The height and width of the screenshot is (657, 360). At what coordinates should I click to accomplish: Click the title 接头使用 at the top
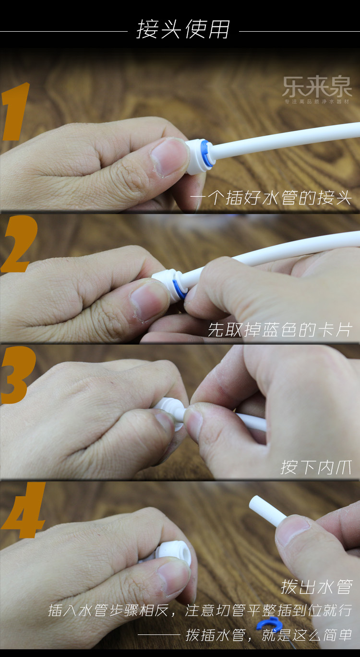pyautogui.click(x=183, y=29)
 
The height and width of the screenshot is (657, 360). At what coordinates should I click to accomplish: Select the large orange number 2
pyautogui.click(x=19, y=244)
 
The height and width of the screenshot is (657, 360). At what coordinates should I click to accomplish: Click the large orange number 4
pyautogui.click(x=23, y=510)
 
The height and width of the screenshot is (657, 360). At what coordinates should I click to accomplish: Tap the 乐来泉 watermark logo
pyautogui.click(x=317, y=87)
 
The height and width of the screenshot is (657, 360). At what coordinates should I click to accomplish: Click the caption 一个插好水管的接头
pyautogui.click(x=271, y=198)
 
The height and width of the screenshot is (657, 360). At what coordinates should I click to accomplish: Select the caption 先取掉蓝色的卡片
pyautogui.click(x=280, y=330)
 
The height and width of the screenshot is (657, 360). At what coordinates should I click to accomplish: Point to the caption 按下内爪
pyautogui.click(x=316, y=467)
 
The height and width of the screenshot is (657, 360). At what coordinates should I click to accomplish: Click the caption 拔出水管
pyautogui.click(x=316, y=586)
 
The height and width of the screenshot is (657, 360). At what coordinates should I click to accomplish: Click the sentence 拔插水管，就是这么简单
pyautogui.click(x=269, y=635)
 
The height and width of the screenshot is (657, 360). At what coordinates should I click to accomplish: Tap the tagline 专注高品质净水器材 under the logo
pyautogui.click(x=317, y=102)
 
